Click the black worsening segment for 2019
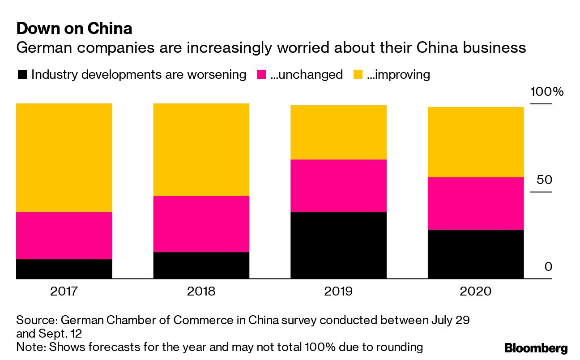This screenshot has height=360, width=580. click(338, 245)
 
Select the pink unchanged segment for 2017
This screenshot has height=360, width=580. click(64, 236)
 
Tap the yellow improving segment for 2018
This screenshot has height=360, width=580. click(201, 150)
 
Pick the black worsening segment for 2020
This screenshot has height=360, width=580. click(476, 254)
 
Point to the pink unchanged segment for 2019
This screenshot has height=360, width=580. click(338, 186)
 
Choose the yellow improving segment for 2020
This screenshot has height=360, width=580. click(476, 142)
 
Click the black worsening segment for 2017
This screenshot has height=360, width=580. click(64, 269)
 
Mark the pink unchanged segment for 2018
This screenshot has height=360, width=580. click(201, 224)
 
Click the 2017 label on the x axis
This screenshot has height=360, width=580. click(64, 291)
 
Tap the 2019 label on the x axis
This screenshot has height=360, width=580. click(338, 291)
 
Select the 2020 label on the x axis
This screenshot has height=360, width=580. click(476, 291)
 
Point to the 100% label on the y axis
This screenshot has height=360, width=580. click(546, 93)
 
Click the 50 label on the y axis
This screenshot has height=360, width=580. click(545, 180)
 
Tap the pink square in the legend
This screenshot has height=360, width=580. click(261, 74)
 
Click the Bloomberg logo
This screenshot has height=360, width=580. click(536, 348)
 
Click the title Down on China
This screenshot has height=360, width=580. click(74, 29)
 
